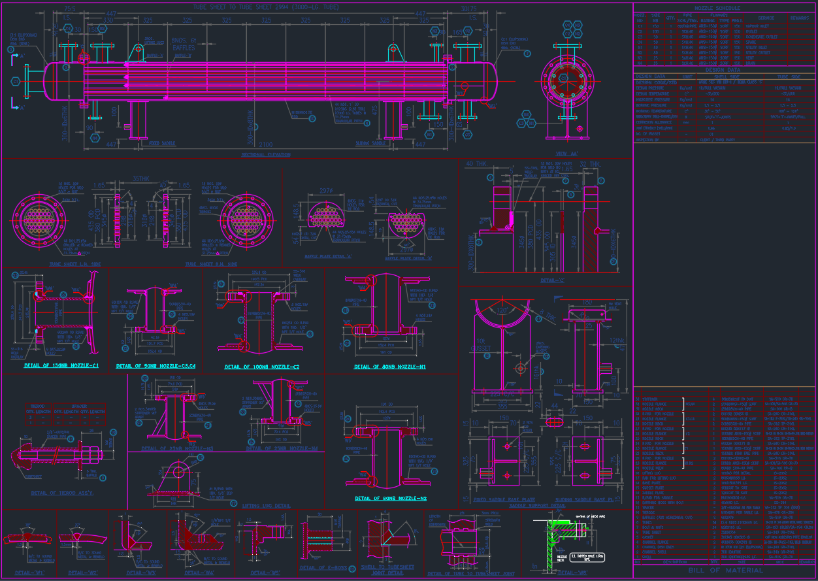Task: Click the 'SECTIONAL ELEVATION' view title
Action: click(x=266, y=155)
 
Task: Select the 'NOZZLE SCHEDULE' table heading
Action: click(x=725, y=8)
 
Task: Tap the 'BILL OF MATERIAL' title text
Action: click(x=725, y=571)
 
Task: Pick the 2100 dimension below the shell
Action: click(x=266, y=144)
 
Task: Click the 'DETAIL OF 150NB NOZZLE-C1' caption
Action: click(x=61, y=365)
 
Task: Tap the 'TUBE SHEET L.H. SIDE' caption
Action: click(x=57, y=265)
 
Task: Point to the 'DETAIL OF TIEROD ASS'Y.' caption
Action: click(x=61, y=493)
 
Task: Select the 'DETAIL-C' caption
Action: click(x=553, y=280)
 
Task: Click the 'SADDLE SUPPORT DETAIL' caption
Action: click(x=537, y=506)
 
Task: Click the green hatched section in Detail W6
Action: click(x=553, y=536)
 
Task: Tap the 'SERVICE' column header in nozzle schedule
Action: click(x=766, y=18)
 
